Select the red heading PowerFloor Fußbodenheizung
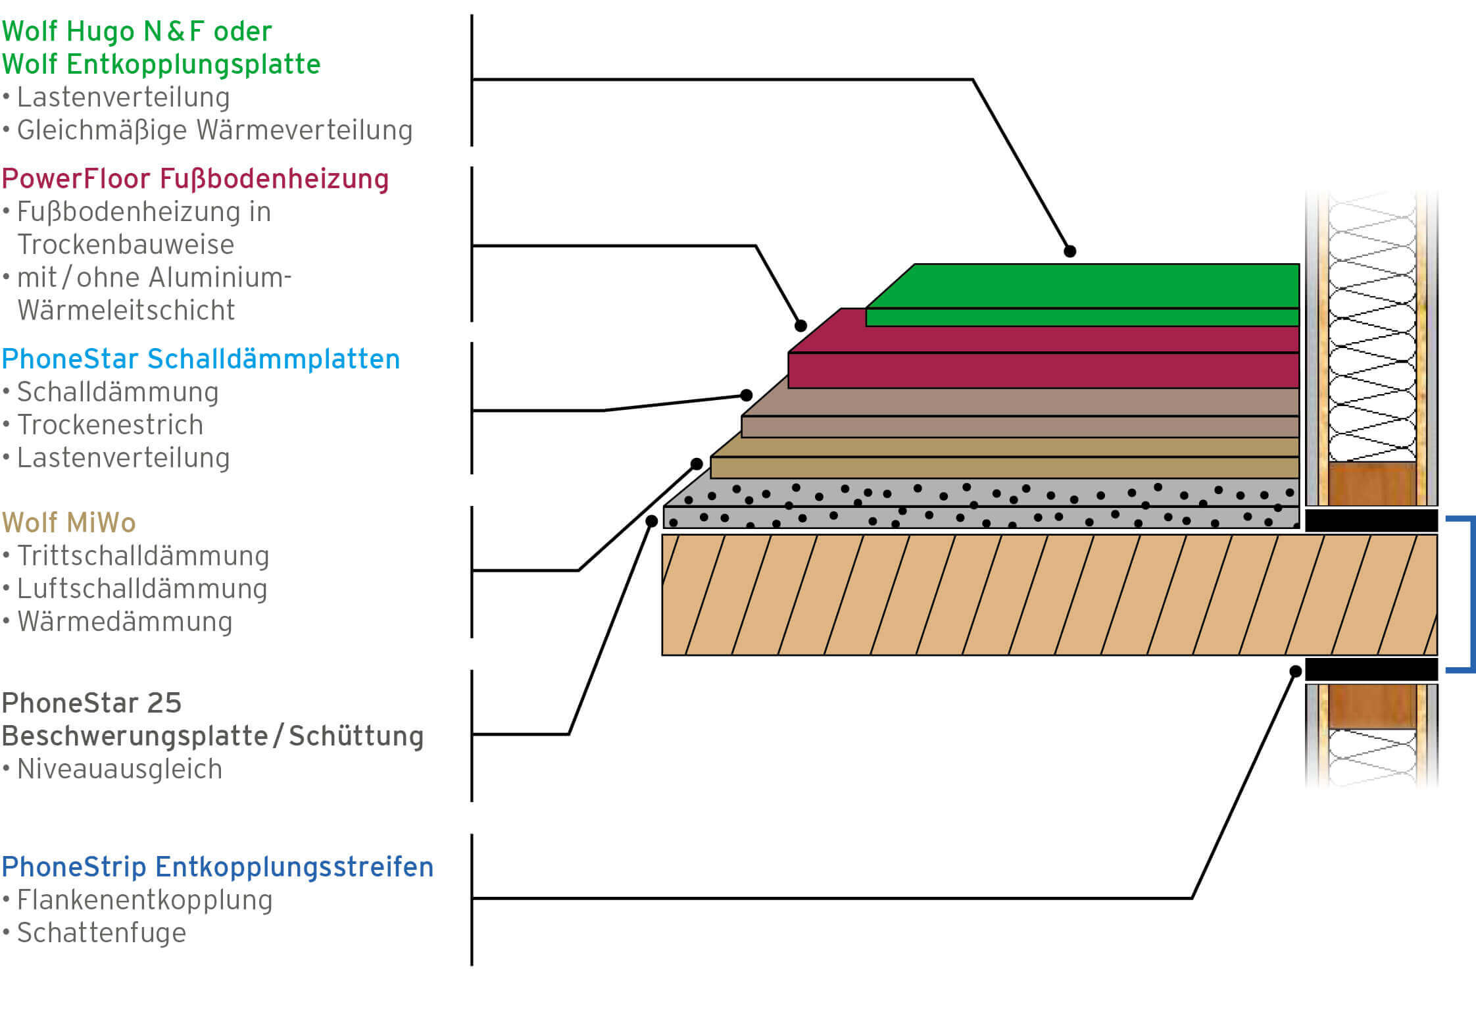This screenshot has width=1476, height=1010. click(195, 179)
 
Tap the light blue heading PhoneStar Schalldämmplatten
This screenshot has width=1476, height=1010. click(201, 359)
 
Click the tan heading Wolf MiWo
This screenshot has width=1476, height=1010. click(68, 523)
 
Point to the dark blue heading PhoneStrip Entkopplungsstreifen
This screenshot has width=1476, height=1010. click(217, 867)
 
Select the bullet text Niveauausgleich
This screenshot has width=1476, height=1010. click(120, 769)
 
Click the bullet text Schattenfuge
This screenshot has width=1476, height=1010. click(101, 933)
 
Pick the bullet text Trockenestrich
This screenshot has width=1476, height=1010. click(110, 425)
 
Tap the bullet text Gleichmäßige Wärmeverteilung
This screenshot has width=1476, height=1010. click(214, 130)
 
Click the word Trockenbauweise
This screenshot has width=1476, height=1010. click(126, 245)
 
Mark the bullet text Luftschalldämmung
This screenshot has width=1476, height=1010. click(142, 589)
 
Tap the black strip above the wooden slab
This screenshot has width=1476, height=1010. click(1371, 520)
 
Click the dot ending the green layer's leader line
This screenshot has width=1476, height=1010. click(1070, 251)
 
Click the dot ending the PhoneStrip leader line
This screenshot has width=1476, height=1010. click(1295, 671)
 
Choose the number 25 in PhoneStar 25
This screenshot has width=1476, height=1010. click(164, 703)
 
